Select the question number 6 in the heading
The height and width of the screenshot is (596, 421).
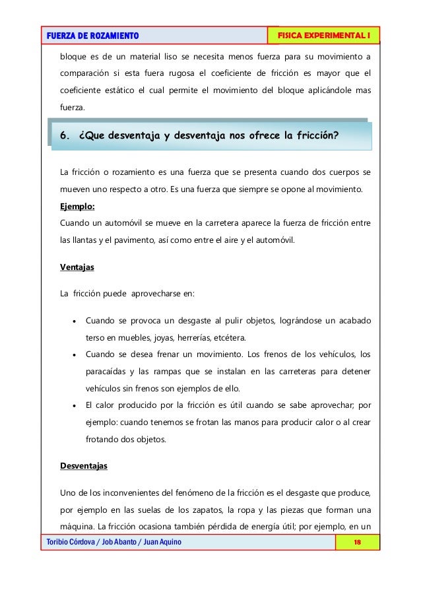(64, 136)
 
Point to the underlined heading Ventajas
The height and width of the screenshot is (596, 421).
(77, 268)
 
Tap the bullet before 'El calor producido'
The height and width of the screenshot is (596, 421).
(75, 407)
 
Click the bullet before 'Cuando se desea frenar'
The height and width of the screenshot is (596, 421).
(75, 352)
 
